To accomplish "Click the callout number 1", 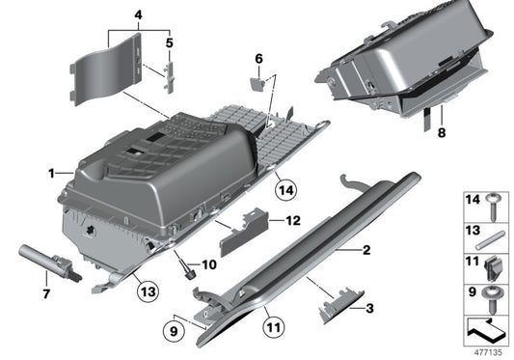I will [51, 174].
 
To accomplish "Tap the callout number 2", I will [366, 251].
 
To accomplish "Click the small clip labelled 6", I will [257, 83].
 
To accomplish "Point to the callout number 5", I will [170, 42].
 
